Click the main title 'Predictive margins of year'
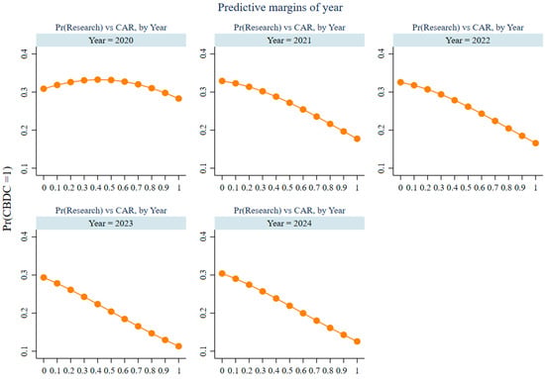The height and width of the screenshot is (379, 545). [280, 7]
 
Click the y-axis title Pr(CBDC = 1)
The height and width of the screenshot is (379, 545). [7, 199]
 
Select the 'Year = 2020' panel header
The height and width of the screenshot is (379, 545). [111, 41]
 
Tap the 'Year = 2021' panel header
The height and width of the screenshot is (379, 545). [289, 41]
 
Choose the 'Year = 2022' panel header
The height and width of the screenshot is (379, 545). [468, 41]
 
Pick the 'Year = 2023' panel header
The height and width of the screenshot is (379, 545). [111, 224]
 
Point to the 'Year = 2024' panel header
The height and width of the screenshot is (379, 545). [289, 224]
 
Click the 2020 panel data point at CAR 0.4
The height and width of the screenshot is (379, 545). [98, 80]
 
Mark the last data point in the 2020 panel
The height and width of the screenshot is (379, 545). [178, 99]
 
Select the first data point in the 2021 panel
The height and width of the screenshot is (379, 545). [222, 81]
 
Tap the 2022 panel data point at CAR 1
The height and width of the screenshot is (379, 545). [536, 143]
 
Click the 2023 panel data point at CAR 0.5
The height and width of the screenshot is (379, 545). [111, 312]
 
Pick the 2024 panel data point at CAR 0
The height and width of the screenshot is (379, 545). [222, 273]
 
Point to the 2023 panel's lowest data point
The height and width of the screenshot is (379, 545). [178, 346]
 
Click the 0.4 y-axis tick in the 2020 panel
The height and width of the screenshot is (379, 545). [25, 53]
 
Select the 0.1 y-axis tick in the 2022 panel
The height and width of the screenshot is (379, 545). [381, 168]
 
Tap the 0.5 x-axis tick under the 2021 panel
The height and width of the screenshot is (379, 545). [287, 188]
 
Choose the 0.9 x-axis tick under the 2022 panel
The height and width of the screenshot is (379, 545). [519, 188]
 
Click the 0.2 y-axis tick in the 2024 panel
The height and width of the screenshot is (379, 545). [203, 313]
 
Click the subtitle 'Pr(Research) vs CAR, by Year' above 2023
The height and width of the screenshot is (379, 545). [111, 211]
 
